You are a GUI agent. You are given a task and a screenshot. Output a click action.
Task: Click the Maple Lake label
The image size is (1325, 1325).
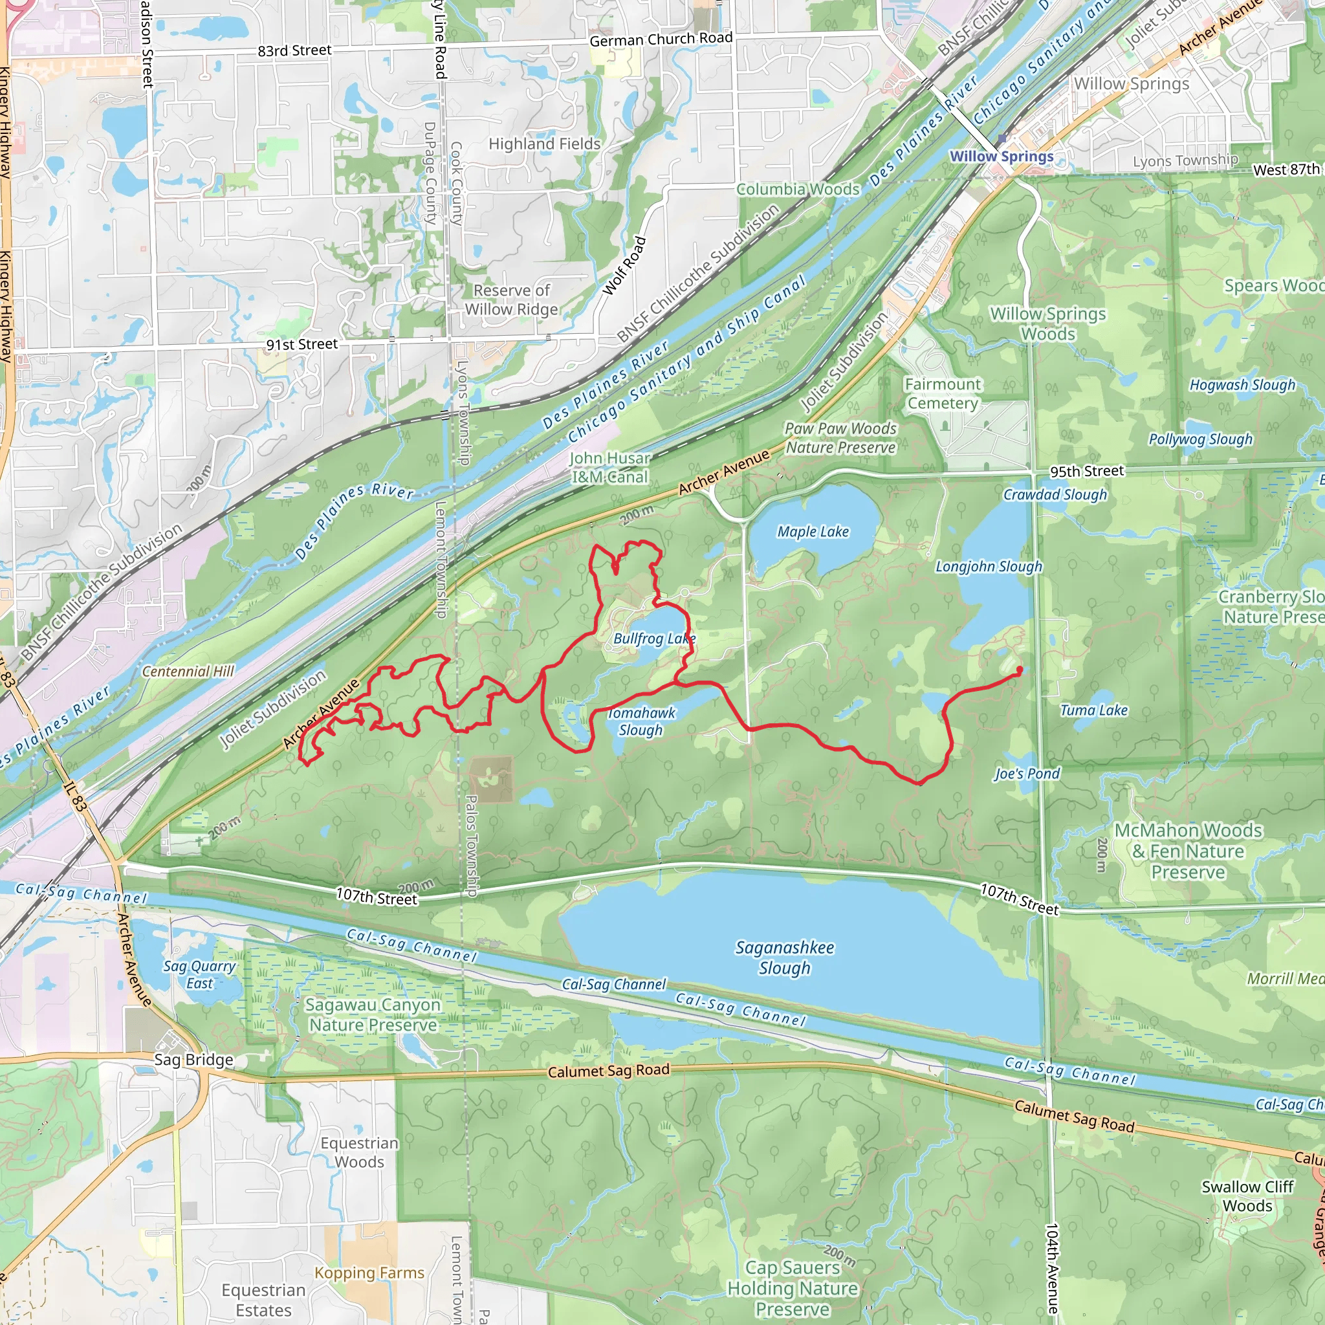point(813,532)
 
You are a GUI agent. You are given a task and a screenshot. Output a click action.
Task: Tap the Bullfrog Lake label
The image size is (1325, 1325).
point(653,639)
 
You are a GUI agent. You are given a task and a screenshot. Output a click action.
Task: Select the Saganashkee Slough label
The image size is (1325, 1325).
point(785,958)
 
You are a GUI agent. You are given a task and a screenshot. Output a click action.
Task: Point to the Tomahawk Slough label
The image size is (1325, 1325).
point(641,721)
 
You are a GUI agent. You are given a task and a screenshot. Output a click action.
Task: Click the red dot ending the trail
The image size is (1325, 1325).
point(1019,670)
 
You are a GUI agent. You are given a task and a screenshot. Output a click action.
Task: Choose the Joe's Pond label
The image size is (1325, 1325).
point(1027,774)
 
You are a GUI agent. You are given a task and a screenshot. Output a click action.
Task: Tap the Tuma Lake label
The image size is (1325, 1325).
point(1094,710)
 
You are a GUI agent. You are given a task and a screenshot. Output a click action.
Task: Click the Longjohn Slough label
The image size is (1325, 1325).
point(989,567)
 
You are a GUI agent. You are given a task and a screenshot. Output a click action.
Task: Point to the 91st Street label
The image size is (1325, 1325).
point(301,344)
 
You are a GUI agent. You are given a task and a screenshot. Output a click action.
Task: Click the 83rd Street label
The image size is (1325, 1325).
point(294,50)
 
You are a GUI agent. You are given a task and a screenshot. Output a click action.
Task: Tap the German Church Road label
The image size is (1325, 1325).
point(661,39)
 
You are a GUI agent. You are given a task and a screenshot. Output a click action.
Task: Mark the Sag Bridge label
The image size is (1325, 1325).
point(193,1060)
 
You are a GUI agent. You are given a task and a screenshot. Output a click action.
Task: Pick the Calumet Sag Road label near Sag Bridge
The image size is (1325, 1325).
point(608,1071)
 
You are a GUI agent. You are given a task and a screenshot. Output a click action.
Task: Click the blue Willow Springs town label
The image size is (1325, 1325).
point(1002,157)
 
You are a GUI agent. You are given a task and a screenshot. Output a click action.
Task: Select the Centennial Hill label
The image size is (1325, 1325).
point(188,672)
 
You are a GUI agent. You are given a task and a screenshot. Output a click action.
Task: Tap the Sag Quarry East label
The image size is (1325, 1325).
point(199,974)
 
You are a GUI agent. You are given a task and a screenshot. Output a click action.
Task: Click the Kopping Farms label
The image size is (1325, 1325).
point(369,1273)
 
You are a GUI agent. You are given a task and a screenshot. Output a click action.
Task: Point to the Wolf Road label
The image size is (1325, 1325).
point(624,265)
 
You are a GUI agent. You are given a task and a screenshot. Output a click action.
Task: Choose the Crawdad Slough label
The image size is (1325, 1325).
point(1055,494)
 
